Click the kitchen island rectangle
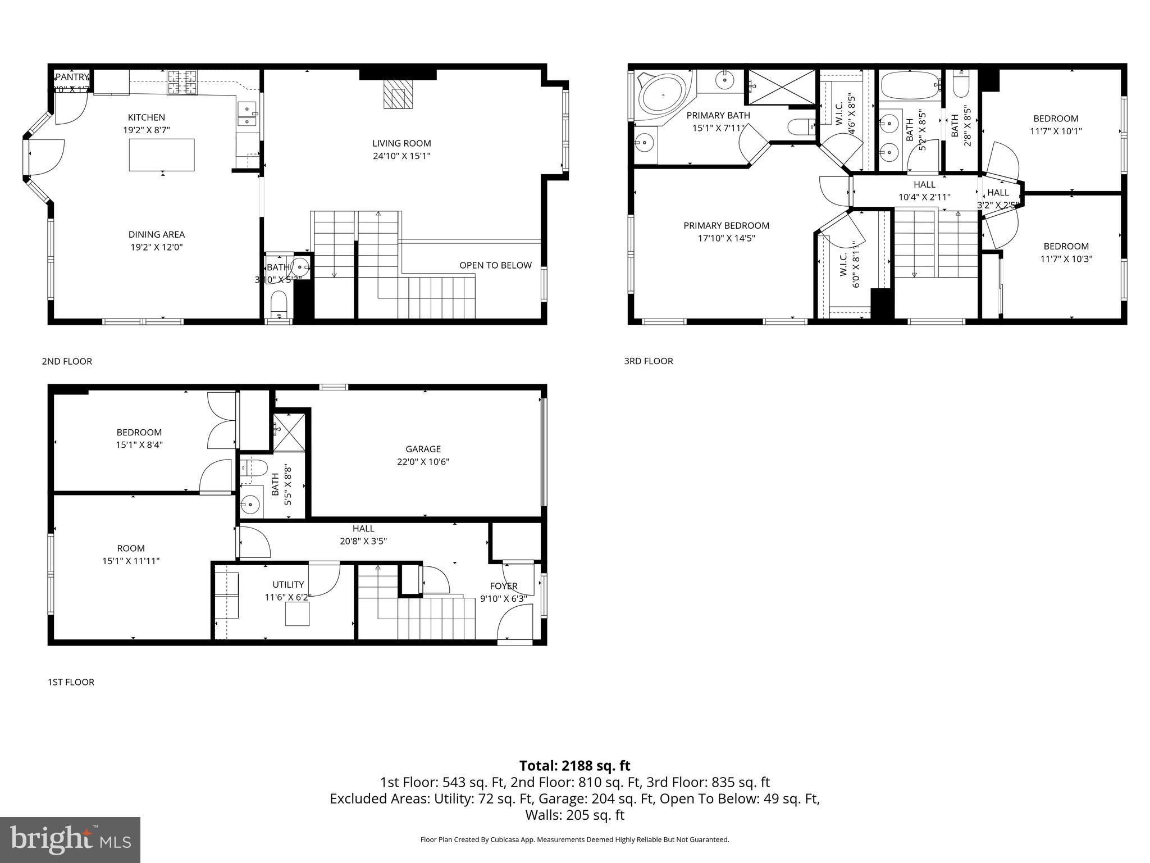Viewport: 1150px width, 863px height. (162, 155)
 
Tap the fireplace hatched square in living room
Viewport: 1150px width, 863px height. (398, 94)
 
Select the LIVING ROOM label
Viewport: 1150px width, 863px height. (401, 143)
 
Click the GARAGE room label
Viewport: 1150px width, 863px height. (423, 449)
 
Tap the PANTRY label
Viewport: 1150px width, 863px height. (72, 77)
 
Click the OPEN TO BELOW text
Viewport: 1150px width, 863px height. (495, 265)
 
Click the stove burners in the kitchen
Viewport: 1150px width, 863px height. (183, 81)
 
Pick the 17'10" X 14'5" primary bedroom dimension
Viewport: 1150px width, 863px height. (726, 238)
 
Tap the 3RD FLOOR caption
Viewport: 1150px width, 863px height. (649, 361)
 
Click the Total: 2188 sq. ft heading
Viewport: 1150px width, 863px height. (574, 766)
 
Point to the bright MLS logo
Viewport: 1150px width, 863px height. (70, 839)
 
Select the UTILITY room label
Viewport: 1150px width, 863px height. (288, 584)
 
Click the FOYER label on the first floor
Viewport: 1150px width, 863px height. (503, 586)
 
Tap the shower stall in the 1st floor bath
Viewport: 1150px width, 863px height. (289, 432)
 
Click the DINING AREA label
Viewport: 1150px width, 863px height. (156, 234)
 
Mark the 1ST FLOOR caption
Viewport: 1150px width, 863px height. (71, 682)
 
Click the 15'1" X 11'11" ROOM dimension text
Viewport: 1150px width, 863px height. (131, 561)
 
